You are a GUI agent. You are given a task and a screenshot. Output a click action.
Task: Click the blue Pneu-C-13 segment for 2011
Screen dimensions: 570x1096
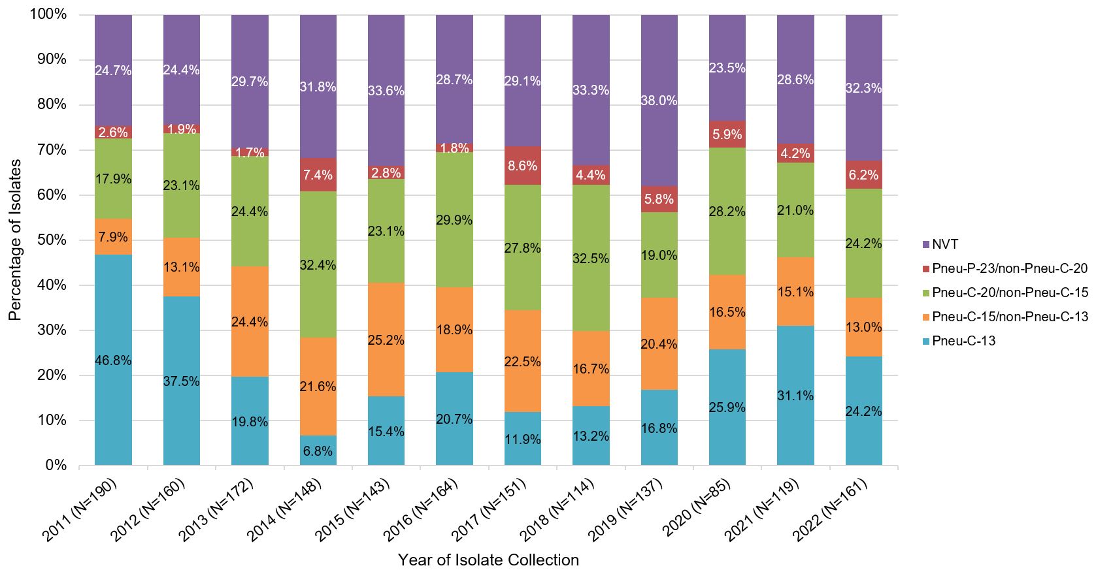click(x=113, y=360)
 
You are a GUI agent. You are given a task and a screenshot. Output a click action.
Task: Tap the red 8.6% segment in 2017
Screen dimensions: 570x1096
click(x=523, y=166)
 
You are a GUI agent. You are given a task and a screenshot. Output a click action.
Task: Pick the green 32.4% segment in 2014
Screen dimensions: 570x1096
click(x=318, y=264)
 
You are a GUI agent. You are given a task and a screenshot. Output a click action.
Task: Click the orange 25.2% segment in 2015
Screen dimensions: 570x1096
click(x=386, y=340)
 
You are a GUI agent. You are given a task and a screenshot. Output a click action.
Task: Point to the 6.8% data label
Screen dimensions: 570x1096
click(x=318, y=451)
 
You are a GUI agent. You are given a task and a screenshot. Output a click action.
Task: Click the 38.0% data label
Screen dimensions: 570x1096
click(x=659, y=101)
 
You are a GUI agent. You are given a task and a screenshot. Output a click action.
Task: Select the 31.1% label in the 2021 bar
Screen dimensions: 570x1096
click(x=795, y=395)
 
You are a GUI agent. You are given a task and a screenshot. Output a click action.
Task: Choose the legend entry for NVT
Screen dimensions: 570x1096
click(x=945, y=245)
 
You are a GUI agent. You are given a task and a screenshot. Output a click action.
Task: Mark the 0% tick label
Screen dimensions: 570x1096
click(x=56, y=466)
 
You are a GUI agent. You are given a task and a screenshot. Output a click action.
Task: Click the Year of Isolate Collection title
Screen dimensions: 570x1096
click(x=488, y=560)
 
